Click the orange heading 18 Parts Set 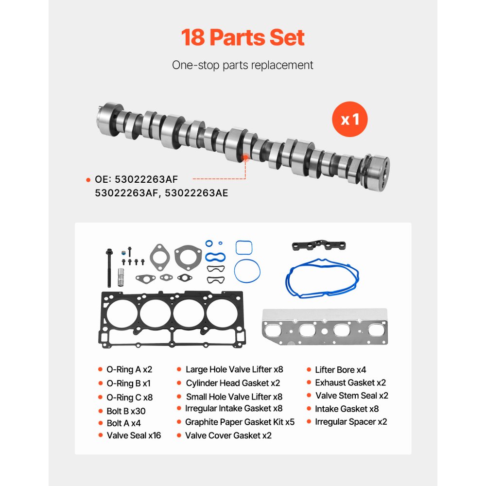pos(243,37)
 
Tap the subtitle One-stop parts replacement pos(243,65)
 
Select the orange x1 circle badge pos(349,119)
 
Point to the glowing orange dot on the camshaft pos(245,156)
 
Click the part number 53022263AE pos(196,193)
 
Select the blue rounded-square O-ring pos(243,247)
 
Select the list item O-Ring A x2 pos(129,369)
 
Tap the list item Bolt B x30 pos(126,411)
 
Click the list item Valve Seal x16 pos(134,435)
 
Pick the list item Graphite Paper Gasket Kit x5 pos(240,422)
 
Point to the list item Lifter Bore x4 pos(340,370)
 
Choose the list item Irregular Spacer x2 pos(350,422)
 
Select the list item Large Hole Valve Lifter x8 pos(234,369)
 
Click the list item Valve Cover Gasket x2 pos(228,435)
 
